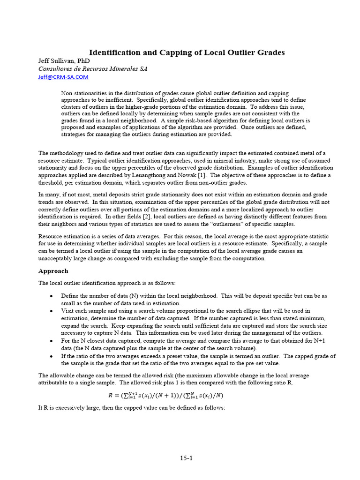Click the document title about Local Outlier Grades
click(187, 52)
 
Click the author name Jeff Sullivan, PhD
click(64, 61)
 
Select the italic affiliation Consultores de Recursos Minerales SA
click(92, 69)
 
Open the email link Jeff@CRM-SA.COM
click(63, 77)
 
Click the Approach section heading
click(53, 271)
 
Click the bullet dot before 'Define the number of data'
click(51, 296)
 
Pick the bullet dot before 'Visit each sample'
click(51, 311)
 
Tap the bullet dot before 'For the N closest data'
click(51, 341)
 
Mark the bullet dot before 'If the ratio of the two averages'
click(51, 356)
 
